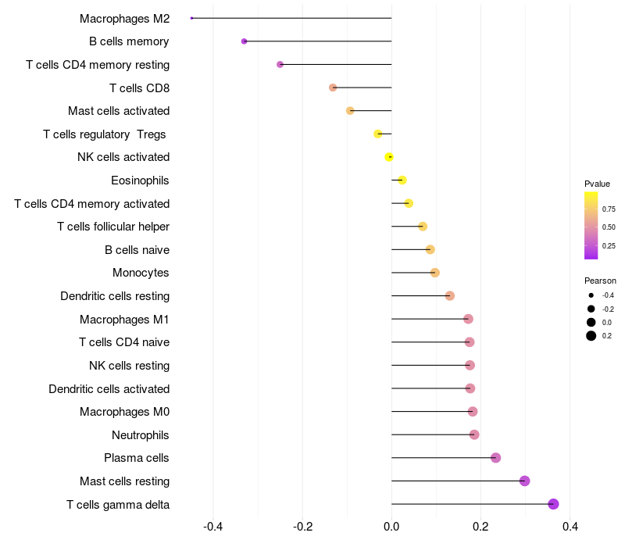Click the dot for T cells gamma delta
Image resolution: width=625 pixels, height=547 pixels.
tap(554, 504)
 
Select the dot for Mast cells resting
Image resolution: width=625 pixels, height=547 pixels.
tap(525, 481)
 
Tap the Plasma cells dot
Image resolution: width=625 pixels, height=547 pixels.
tap(495, 458)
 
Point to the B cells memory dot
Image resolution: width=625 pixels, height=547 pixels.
tap(245, 41)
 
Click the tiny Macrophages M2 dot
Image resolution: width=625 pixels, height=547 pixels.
tap(191, 18)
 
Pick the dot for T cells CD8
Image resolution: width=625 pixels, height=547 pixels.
tap(333, 88)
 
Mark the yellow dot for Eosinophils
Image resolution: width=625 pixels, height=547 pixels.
tap(402, 181)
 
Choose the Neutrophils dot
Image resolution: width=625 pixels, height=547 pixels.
tap(474, 434)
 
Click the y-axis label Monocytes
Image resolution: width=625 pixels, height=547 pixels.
tap(141, 273)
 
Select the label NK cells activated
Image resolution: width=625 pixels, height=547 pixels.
tap(123, 157)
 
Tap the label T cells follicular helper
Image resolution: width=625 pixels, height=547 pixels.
tap(113, 227)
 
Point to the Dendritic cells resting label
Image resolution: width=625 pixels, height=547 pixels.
tap(115, 296)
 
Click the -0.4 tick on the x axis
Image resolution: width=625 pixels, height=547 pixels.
tap(213, 527)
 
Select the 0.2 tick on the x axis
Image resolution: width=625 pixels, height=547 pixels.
tap(480, 527)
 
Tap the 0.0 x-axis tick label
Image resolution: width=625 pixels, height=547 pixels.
tap(391, 527)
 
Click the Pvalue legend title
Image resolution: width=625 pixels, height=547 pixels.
tap(597, 184)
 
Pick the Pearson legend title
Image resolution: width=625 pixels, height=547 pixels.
tap(600, 281)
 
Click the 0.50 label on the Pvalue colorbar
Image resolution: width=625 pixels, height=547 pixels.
tap(609, 227)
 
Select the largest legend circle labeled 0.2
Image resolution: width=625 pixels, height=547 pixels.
tap(591, 336)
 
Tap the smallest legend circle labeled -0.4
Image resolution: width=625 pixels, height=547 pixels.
tap(591, 295)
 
